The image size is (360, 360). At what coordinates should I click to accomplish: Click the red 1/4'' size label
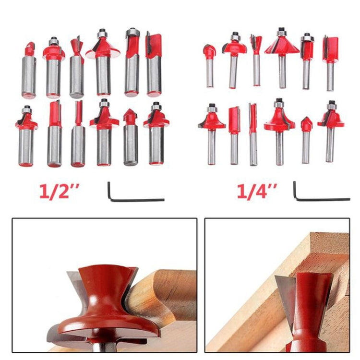point(257,191)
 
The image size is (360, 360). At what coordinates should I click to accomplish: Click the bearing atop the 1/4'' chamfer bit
point(282,32)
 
